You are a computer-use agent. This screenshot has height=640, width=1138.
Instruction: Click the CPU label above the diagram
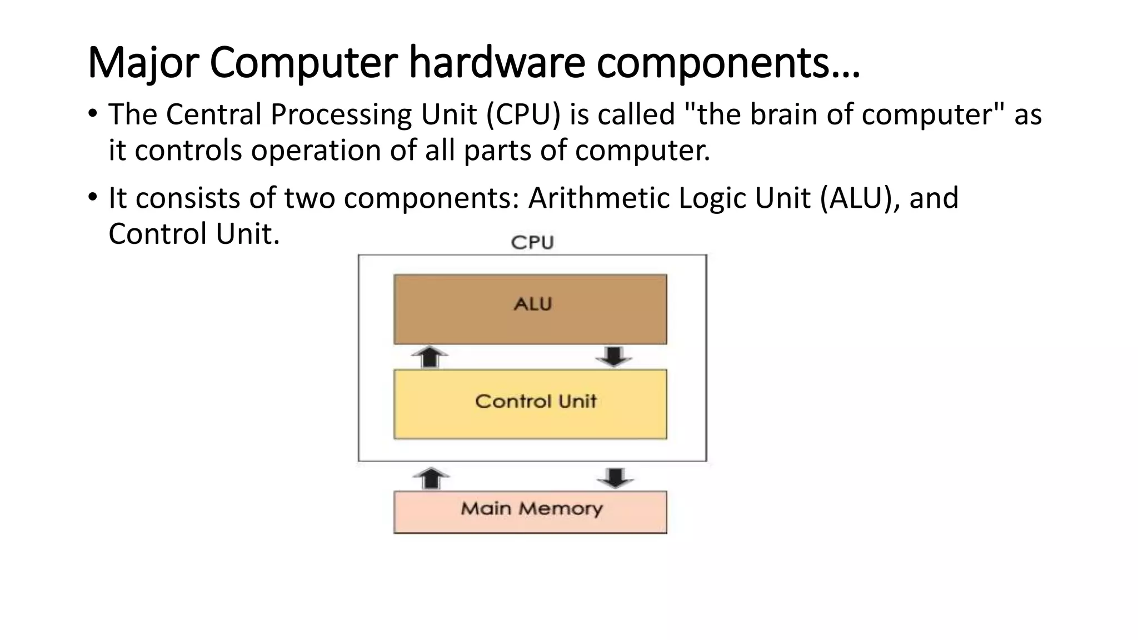pos(532,243)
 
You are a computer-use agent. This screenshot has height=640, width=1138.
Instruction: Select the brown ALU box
pos(530,309)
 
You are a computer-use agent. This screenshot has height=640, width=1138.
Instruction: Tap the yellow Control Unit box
pos(530,404)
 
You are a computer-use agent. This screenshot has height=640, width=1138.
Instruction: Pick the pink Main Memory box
pos(530,512)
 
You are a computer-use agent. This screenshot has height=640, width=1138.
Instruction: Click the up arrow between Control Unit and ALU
pos(430,356)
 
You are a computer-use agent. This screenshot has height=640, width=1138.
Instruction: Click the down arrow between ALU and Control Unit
pos(613,356)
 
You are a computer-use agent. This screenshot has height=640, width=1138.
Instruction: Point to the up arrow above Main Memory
pos(431,478)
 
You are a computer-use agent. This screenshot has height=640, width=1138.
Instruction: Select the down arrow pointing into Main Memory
pos(615,478)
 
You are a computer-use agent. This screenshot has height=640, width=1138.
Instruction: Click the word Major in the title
pos(142,62)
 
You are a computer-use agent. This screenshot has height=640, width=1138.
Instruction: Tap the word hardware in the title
pos(497,62)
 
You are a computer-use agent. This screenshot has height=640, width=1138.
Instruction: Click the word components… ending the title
pos(728,62)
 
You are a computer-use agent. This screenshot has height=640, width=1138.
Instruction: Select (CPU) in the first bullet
pos(523,114)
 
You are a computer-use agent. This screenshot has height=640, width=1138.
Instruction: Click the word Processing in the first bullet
pos(341,114)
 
